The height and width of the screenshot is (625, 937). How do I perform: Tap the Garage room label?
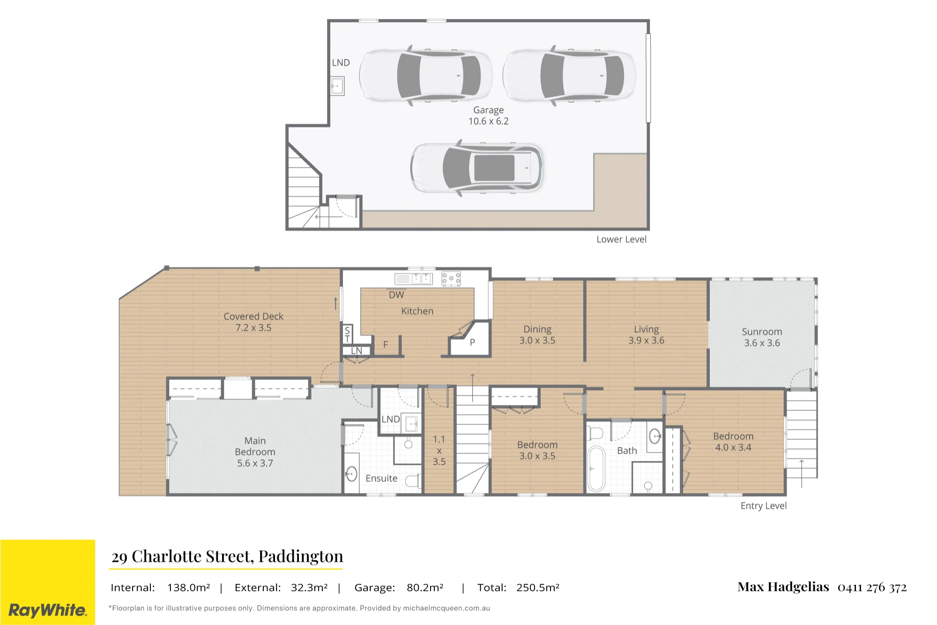tap(488, 110)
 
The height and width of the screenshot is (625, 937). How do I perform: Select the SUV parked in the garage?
tap(476, 167)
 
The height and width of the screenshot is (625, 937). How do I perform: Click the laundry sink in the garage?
tap(337, 86)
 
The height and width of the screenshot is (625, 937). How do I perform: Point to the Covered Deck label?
tap(253, 316)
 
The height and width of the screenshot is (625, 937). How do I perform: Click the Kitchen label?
tap(417, 311)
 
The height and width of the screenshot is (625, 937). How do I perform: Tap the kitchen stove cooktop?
tap(451, 279)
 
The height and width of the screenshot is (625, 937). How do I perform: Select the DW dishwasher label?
tap(396, 295)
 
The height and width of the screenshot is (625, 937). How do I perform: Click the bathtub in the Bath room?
tap(596, 469)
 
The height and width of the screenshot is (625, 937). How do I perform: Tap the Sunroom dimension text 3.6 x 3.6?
tap(762, 343)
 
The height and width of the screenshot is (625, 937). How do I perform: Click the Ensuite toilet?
tap(413, 481)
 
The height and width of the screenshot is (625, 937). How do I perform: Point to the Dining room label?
tap(537, 329)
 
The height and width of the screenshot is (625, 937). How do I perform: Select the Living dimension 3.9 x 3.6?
tap(646, 341)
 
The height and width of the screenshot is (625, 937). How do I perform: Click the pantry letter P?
tap(472, 342)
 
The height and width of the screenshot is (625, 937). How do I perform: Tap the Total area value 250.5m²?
tap(538, 588)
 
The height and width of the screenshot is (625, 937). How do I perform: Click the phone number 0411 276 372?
tap(872, 587)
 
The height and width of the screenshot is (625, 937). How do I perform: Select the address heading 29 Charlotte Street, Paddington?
tap(227, 556)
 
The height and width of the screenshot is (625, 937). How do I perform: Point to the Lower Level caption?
tap(621, 239)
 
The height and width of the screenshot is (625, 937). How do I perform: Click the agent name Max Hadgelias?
tap(783, 587)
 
